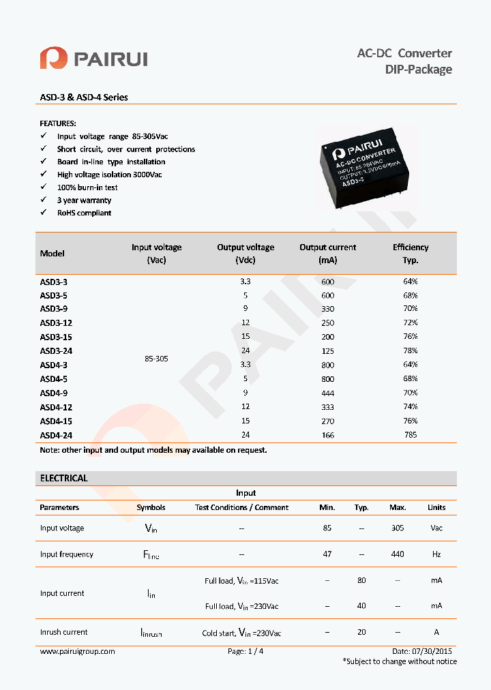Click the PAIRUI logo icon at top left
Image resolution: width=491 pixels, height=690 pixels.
(x=53, y=58)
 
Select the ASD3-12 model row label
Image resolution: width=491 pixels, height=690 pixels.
(x=56, y=322)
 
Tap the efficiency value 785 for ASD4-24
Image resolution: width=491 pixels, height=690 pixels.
(x=410, y=435)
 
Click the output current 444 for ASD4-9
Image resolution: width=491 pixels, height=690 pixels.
(x=327, y=393)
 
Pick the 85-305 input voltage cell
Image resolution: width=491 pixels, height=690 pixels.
(x=156, y=358)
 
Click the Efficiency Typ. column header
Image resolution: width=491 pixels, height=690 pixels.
(x=411, y=254)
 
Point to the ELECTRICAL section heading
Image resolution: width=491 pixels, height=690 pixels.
(x=64, y=479)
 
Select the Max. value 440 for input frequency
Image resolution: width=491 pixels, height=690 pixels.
(x=398, y=554)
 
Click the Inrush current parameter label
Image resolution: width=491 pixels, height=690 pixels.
(x=63, y=632)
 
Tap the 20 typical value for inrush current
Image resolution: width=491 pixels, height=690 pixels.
(x=361, y=632)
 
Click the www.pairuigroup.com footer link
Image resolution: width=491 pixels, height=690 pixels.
(x=77, y=651)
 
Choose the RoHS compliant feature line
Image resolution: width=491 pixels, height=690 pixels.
(x=85, y=213)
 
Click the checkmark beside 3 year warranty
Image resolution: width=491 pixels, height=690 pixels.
(x=43, y=200)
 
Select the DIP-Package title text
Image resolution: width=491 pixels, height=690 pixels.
(x=418, y=70)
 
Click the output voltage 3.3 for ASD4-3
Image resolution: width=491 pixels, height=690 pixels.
(x=245, y=365)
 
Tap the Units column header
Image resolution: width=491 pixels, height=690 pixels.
(x=436, y=507)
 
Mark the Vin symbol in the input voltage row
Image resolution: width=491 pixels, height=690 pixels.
(x=151, y=528)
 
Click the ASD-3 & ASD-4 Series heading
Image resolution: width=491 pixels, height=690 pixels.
(x=84, y=97)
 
